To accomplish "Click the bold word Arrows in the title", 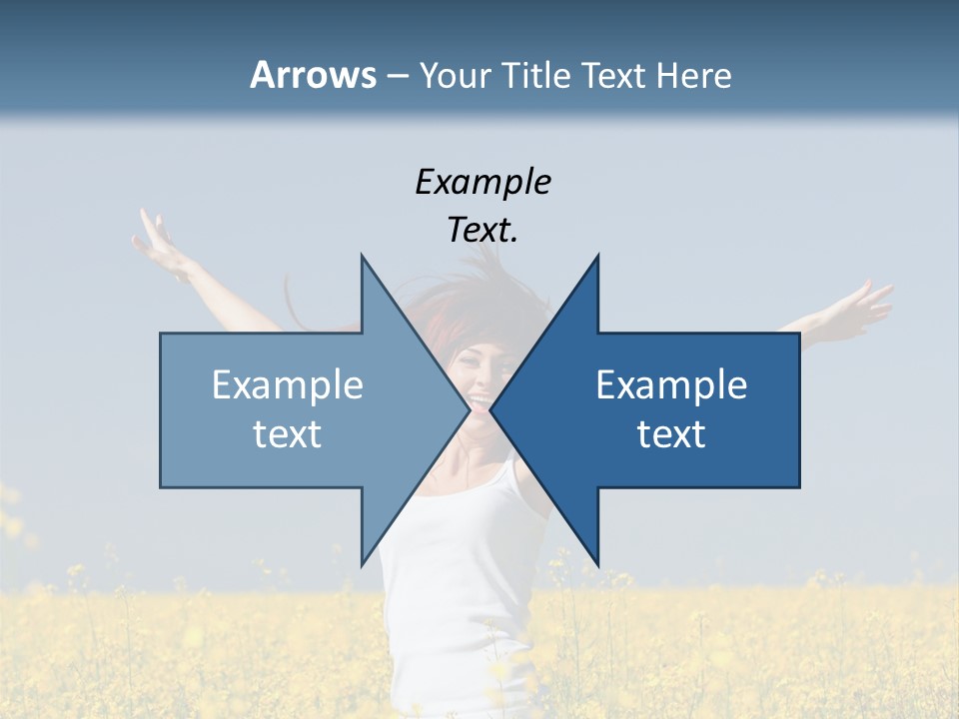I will (x=313, y=75).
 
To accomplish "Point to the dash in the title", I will (x=397, y=76).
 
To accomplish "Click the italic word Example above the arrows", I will (x=482, y=182).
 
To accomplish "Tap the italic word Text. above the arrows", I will (x=482, y=230).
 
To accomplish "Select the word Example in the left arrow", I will (x=288, y=384).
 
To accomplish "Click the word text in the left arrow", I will (x=288, y=434).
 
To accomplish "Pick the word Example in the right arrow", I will (x=671, y=384).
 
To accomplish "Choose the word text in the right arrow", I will (x=671, y=434).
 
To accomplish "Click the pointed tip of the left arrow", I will (x=469, y=409).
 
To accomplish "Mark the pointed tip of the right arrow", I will (x=491, y=409).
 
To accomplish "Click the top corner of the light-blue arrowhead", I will (x=363, y=258).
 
